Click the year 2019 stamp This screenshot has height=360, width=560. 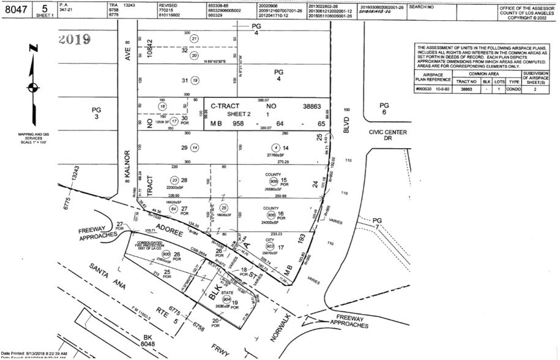pos(75,40)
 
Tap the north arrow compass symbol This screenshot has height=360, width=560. pos(33,86)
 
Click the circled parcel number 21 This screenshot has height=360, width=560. pos(195,39)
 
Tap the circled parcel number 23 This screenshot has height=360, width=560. pos(174,180)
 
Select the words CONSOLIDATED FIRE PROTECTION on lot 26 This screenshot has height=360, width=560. pos(144,246)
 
